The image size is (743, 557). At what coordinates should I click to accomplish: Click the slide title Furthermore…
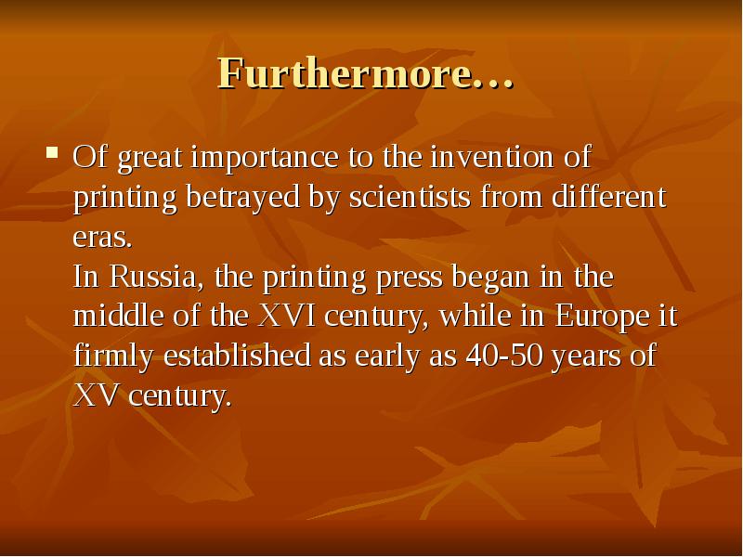pyautogui.click(x=365, y=73)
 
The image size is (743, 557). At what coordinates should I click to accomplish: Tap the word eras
pyautogui.click(x=102, y=238)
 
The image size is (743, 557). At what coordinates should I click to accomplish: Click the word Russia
pyautogui.click(x=156, y=277)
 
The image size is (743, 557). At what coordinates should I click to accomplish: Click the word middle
pyautogui.click(x=114, y=317)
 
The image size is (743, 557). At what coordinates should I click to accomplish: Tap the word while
pyautogui.click(x=473, y=317)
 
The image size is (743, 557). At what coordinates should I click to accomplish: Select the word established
pyautogui.click(x=236, y=356)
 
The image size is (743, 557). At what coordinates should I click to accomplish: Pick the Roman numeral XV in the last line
pyautogui.click(x=97, y=396)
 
